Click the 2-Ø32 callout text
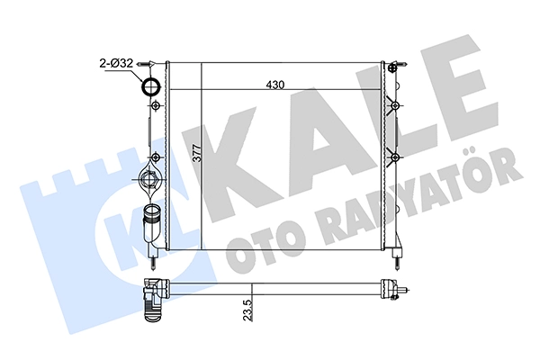pyautogui.click(x=116, y=63)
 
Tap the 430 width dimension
pyautogui.click(x=275, y=85)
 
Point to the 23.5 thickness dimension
pyautogui.click(x=248, y=310)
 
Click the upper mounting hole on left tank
pyautogui.click(x=156, y=105)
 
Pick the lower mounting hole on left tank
pyautogui.click(x=156, y=157)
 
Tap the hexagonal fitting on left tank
pyautogui.click(x=148, y=179)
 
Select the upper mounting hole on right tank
pyautogui.click(x=395, y=105)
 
